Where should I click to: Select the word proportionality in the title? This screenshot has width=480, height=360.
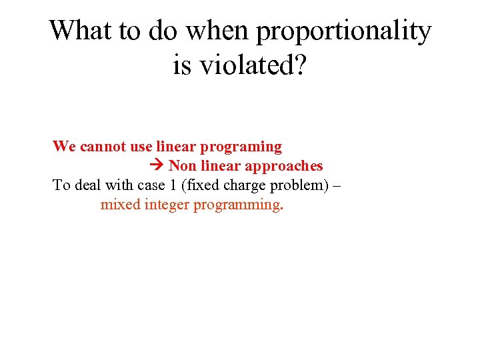[x=344, y=31]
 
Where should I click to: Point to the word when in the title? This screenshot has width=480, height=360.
[x=217, y=31]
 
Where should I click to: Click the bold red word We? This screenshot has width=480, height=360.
[x=65, y=146]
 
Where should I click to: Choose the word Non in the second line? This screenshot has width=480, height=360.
[x=181, y=165]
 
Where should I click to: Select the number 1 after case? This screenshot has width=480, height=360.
[x=175, y=185]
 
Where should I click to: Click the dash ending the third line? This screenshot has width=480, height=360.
[x=335, y=185]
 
